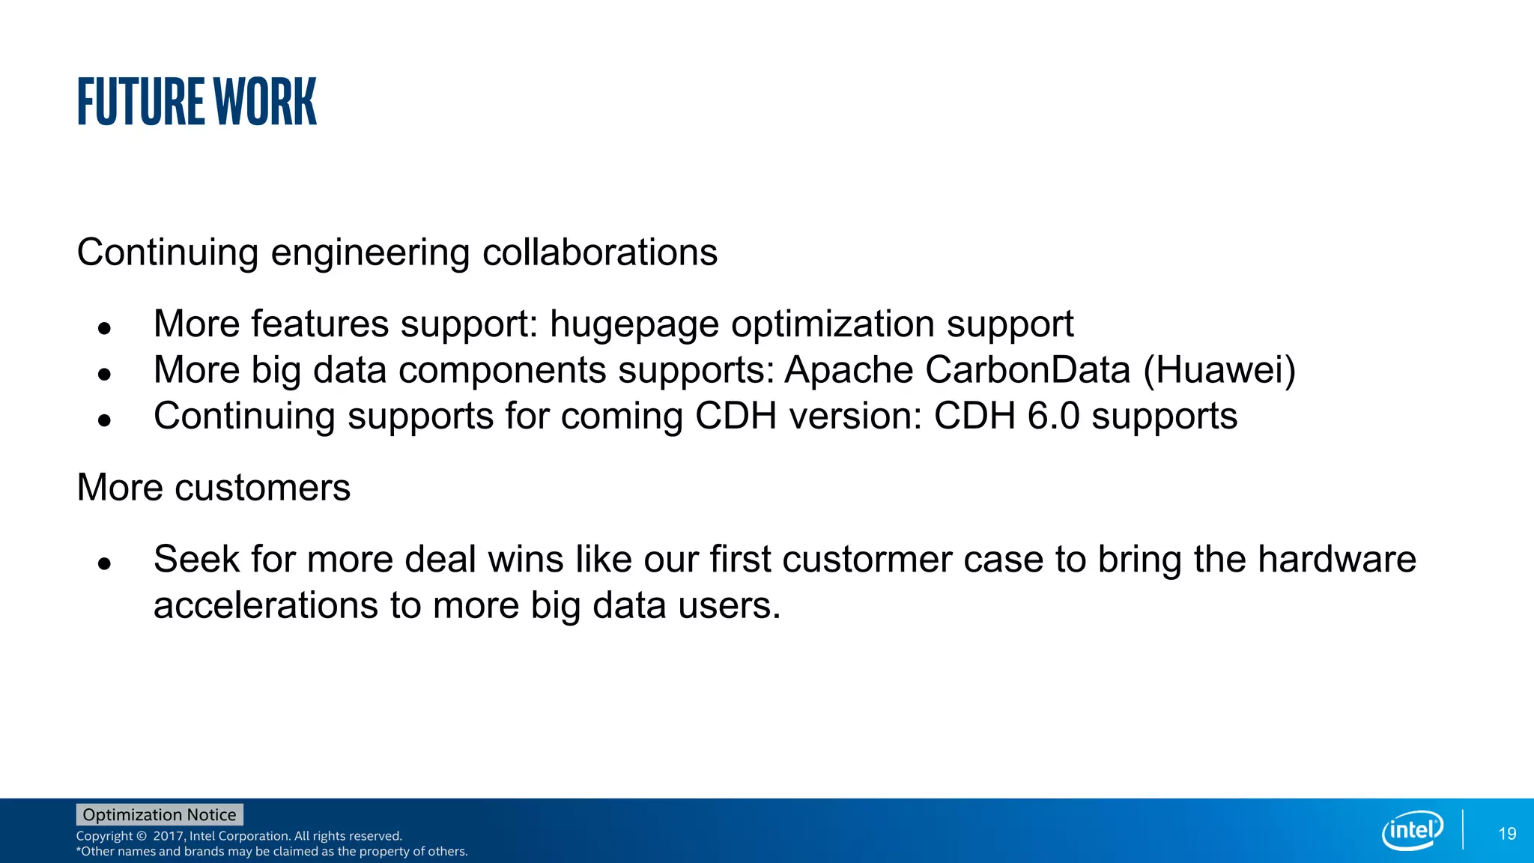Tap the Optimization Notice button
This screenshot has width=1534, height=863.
[x=160, y=814]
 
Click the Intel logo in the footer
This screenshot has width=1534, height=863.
[x=1412, y=830]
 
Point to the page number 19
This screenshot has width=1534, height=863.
[x=1507, y=834]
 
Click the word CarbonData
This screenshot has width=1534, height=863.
[x=1027, y=370]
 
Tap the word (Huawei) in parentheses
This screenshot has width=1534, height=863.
[x=1219, y=370]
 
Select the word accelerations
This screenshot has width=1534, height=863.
[x=265, y=605]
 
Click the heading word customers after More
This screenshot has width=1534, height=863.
[x=262, y=488]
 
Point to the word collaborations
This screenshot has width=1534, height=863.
[x=599, y=252]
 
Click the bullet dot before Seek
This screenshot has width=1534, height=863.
[x=105, y=563]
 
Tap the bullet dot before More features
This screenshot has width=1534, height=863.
[x=105, y=328]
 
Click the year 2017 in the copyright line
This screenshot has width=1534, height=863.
[x=169, y=836]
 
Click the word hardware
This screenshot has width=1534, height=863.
[x=1336, y=560]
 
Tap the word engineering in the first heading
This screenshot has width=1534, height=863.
[x=369, y=253]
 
